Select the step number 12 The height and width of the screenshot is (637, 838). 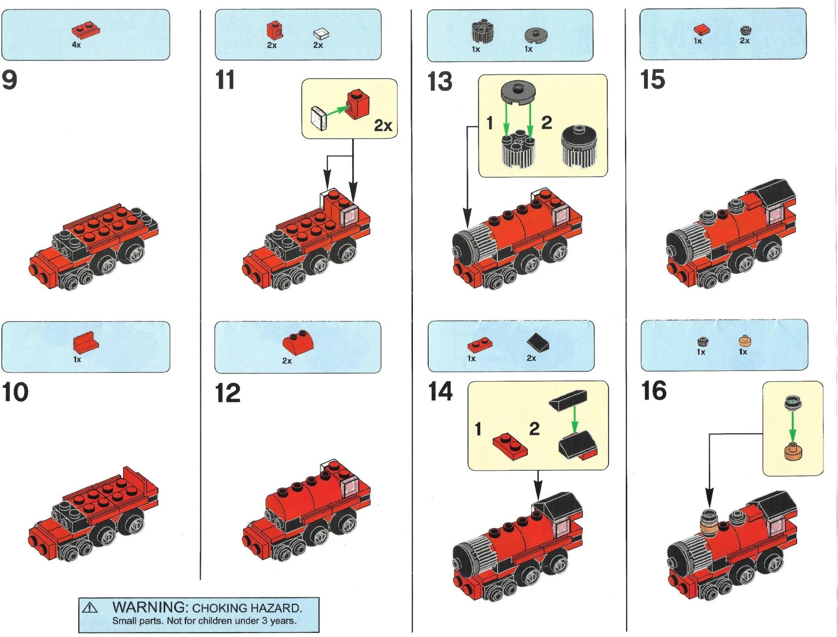click(x=228, y=393)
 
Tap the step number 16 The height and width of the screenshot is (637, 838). click(x=654, y=391)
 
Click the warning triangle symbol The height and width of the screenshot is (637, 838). click(x=90, y=608)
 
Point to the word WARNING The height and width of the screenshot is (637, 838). click(x=150, y=607)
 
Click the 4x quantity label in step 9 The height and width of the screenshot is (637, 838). click(x=76, y=45)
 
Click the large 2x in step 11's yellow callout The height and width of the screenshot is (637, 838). click(x=383, y=126)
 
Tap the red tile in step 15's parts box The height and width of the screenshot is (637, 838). click(x=701, y=30)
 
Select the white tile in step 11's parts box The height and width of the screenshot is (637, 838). click(x=322, y=34)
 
